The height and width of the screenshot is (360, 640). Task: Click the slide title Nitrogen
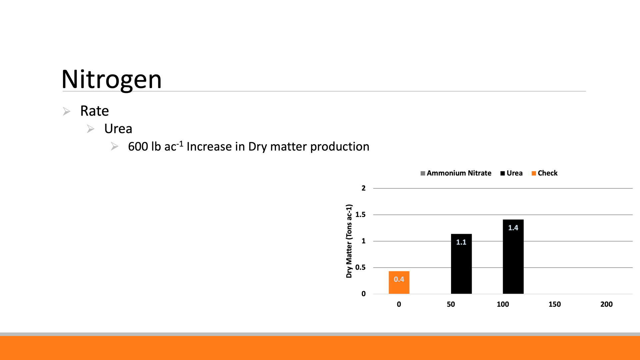(x=112, y=80)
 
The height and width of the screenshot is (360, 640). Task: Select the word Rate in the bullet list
(x=95, y=111)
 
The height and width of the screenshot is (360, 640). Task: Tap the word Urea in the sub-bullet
(x=118, y=129)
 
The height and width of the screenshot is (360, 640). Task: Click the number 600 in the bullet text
(x=138, y=147)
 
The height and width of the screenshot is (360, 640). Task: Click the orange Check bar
(x=399, y=282)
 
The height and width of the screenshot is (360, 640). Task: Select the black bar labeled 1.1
(x=461, y=264)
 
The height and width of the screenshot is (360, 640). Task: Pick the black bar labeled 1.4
(x=513, y=256)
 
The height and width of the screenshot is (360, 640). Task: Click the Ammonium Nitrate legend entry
(x=456, y=173)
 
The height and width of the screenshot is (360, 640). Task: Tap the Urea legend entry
(x=512, y=173)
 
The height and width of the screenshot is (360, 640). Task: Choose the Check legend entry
(x=545, y=173)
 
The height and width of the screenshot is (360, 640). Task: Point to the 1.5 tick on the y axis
(x=360, y=215)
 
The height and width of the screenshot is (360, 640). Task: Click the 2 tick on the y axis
(x=364, y=188)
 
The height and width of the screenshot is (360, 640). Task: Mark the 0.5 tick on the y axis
(x=360, y=267)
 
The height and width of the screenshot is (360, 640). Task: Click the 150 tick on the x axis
(x=555, y=304)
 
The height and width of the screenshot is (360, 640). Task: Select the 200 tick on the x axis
(x=607, y=304)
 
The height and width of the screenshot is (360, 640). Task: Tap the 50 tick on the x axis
(x=451, y=304)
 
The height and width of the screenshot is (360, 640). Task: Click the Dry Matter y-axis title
(x=349, y=241)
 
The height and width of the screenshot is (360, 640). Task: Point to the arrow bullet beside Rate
(x=67, y=111)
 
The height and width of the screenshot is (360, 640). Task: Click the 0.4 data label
(x=399, y=279)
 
